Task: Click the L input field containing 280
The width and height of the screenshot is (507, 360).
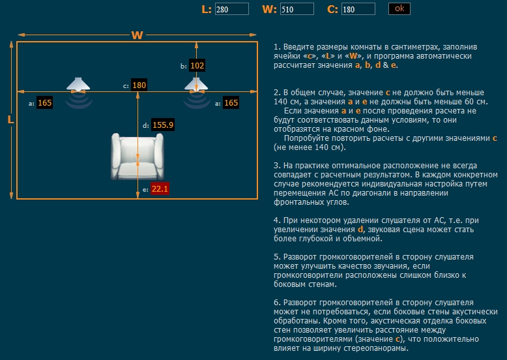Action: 231,9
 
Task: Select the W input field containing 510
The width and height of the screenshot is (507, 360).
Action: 297,9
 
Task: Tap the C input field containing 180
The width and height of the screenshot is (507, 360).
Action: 358,9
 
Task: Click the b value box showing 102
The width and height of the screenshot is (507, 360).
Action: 197,66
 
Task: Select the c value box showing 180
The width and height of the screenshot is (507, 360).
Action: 139,85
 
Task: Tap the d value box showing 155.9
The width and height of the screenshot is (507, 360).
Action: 163,125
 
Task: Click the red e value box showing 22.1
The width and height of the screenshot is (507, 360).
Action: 160,189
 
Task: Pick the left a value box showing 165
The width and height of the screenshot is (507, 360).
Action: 45,103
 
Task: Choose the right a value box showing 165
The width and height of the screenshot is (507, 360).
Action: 231,103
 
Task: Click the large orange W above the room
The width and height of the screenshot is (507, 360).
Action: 137,35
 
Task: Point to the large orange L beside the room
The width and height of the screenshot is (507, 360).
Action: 10,120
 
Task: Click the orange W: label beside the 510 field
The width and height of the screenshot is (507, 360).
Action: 269,9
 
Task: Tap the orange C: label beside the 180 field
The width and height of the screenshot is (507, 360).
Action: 332,9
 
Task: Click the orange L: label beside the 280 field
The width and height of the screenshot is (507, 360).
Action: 207,9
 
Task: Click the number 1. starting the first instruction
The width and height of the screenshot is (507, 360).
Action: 277,48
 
